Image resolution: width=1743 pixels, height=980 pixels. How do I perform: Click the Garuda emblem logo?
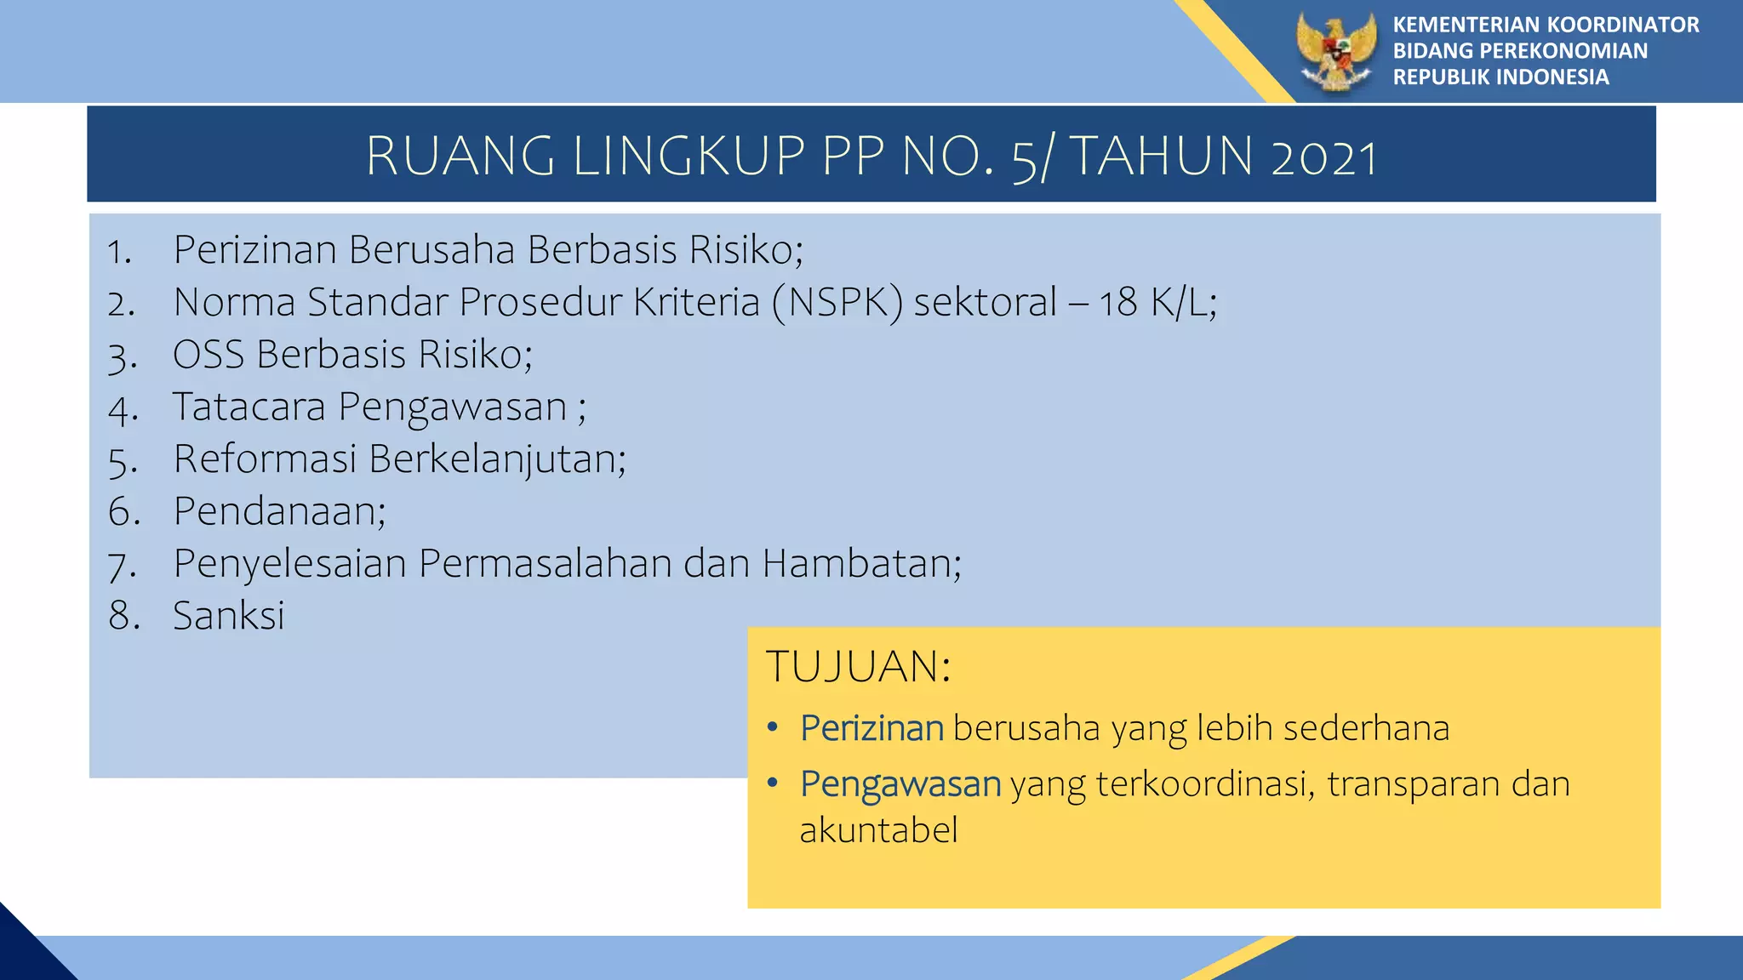1336,51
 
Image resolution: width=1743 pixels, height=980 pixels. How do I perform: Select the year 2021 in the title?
1323,157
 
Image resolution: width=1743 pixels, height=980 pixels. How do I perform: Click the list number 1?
119,252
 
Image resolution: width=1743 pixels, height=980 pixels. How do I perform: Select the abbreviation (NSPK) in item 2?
837,303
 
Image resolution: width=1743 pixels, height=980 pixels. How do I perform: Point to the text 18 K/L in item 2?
1156,303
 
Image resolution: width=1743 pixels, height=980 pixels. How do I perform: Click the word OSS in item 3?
209,355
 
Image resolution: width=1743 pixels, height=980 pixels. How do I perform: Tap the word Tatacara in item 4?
249,407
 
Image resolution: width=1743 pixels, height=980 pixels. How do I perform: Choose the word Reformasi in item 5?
265,459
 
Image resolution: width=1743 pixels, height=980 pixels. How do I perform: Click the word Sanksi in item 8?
228,616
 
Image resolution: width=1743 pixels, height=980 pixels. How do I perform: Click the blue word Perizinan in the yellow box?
871,728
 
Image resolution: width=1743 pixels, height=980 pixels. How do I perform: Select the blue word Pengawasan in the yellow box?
900,784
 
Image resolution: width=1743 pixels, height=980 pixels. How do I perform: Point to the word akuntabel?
878,830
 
